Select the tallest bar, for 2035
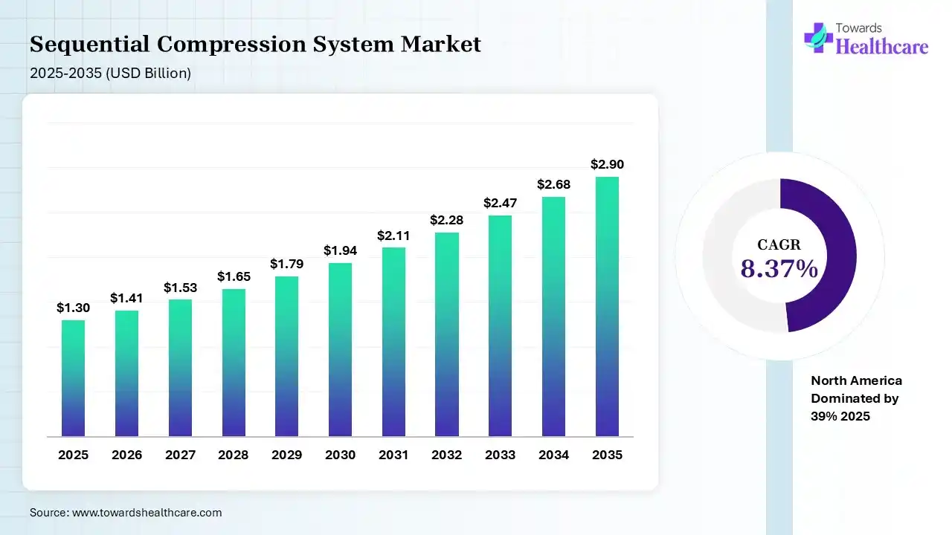coord(607,306)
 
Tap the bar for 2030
coord(340,349)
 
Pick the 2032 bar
coord(447,334)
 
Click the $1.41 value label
coord(126,298)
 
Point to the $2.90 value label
coord(607,164)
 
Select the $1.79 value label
coord(286,264)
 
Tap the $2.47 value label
coord(500,202)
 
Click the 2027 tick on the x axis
coord(180,455)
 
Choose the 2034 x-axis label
coord(553,455)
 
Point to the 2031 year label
coord(393,455)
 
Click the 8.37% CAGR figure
coord(779,269)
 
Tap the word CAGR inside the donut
coord(779,244)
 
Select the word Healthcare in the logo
coord(882,47)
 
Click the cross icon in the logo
coord(818,37)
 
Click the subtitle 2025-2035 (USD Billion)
coord(110,73)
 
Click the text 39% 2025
coord(840,416)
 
